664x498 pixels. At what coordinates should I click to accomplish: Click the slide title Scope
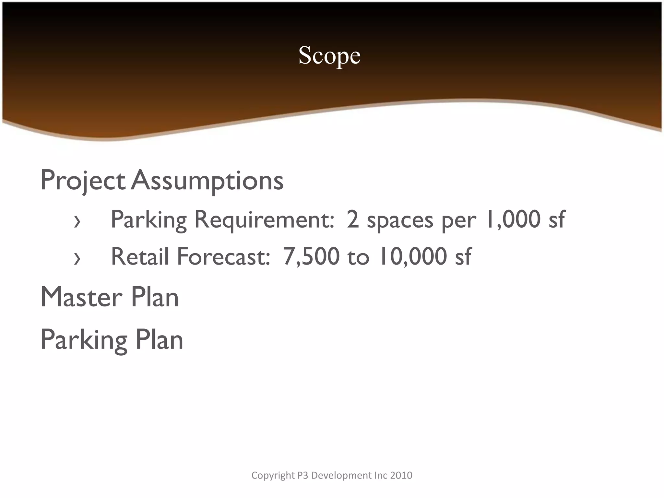[329, 55]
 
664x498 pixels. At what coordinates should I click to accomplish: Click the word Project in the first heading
[83, 181]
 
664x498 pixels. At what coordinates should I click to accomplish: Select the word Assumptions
[207, 181]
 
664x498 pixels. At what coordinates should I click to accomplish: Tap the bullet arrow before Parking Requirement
[77, 222]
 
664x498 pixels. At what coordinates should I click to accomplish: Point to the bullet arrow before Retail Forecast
[77, 259]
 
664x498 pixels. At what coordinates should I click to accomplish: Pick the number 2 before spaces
[352, 219]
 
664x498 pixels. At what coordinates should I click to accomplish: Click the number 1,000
[512, 219]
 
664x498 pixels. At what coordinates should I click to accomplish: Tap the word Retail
[140, 256]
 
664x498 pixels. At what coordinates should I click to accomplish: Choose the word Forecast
[223, 256]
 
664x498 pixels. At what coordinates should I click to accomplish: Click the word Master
[81, 297]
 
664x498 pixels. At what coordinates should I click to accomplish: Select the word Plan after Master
[155, 297]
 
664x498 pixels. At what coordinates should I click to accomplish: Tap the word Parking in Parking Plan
[84, 340]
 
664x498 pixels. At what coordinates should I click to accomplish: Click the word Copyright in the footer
[273, 475]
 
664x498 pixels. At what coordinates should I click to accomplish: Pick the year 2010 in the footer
[401, 475]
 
